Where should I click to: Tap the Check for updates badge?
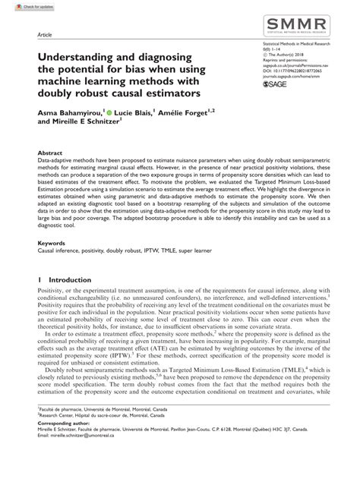point(21,6)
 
